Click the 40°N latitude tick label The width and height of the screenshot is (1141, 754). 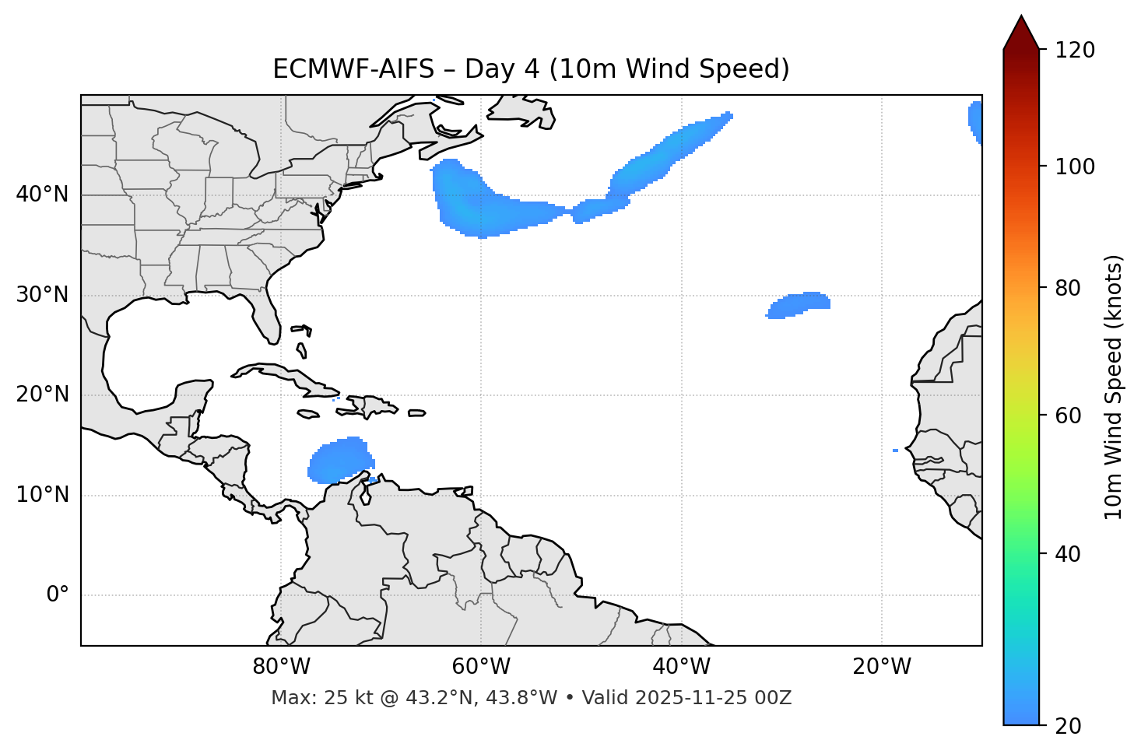click(42, 195)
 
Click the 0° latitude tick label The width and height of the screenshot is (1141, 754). click(57, 595)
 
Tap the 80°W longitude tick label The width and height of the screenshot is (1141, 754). click(281, 667)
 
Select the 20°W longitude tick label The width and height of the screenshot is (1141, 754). click(882, 667)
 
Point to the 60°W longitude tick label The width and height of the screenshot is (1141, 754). click(481, 667)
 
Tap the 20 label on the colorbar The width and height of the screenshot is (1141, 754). click(1067, 726)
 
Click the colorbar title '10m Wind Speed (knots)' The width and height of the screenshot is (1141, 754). click(1114, 387)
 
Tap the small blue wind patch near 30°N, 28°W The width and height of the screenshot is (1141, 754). click(800, 304)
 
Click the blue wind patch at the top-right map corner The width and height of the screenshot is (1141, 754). click(975, 119)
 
